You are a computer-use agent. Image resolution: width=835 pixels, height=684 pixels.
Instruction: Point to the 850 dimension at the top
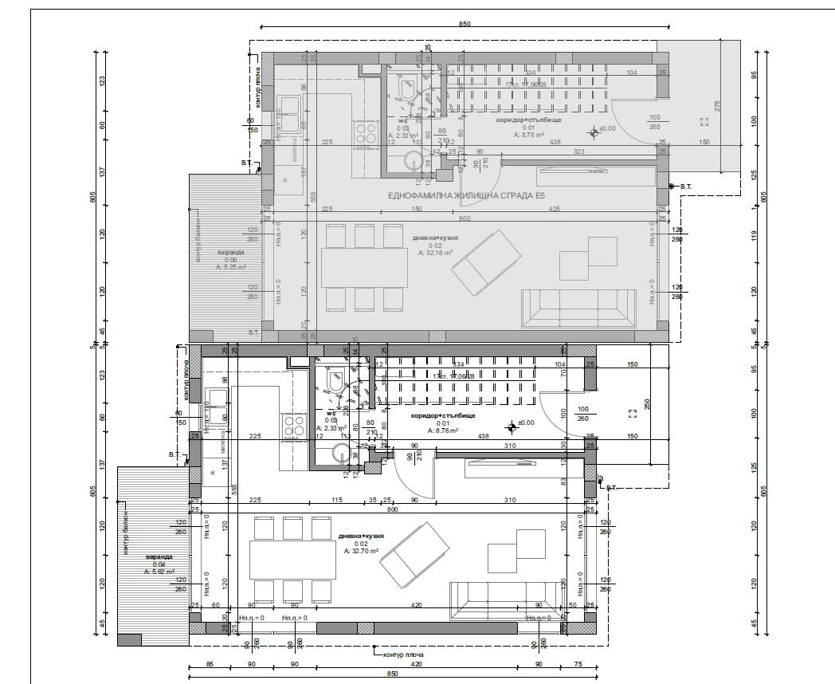(465, 24)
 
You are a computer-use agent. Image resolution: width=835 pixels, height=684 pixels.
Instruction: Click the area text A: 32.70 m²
(361, 551)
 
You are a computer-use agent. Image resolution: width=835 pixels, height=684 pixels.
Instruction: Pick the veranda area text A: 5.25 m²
(231, 268)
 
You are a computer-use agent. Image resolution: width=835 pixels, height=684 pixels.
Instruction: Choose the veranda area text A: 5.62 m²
(159, 572)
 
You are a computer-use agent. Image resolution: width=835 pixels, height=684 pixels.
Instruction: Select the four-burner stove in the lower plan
(293, 426)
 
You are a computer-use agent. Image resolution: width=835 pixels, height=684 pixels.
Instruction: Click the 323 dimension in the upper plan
(579, 151)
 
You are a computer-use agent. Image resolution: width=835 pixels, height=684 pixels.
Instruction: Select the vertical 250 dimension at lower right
(647, 404)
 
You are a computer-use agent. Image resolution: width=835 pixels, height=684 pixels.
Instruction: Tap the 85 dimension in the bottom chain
(209, 663)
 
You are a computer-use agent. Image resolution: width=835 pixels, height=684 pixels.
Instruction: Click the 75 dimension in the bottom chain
(578, 663)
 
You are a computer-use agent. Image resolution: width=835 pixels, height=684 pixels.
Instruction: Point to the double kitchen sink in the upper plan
(288, 113)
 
